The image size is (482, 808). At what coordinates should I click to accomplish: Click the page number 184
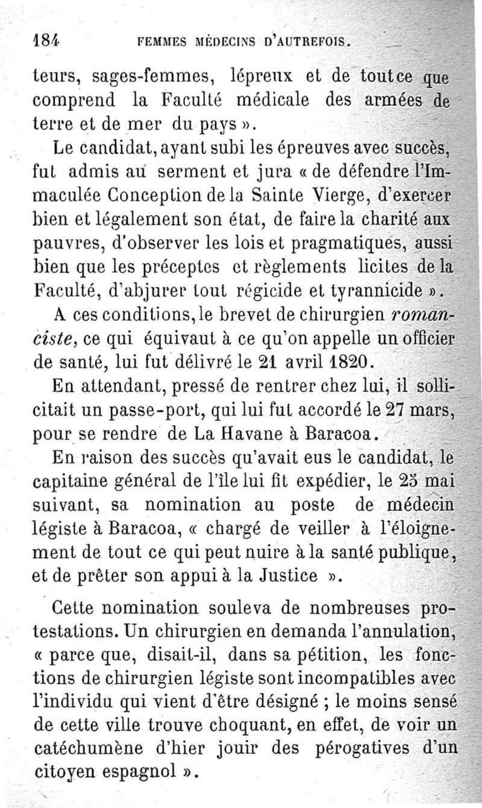(x=48, y=43)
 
